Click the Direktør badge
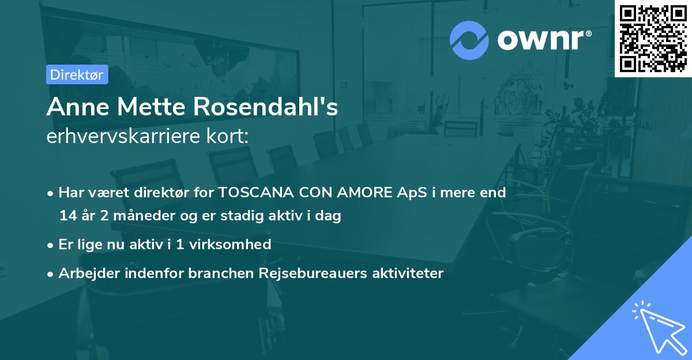click(77, 74)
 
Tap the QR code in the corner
click(653, 38)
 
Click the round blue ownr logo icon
click(469, 40)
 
